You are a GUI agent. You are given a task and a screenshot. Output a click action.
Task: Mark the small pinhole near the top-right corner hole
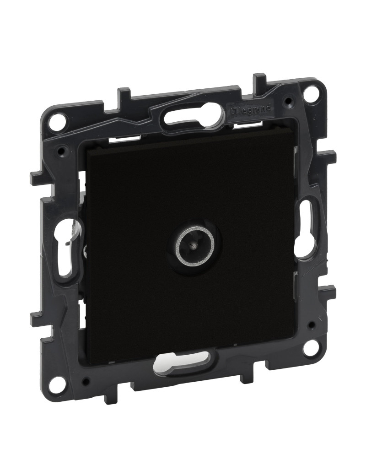[287, 100]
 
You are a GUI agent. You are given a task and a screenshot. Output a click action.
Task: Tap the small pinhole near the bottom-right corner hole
[311, 325]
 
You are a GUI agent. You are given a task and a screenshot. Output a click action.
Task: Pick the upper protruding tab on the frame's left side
[38, 178]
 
